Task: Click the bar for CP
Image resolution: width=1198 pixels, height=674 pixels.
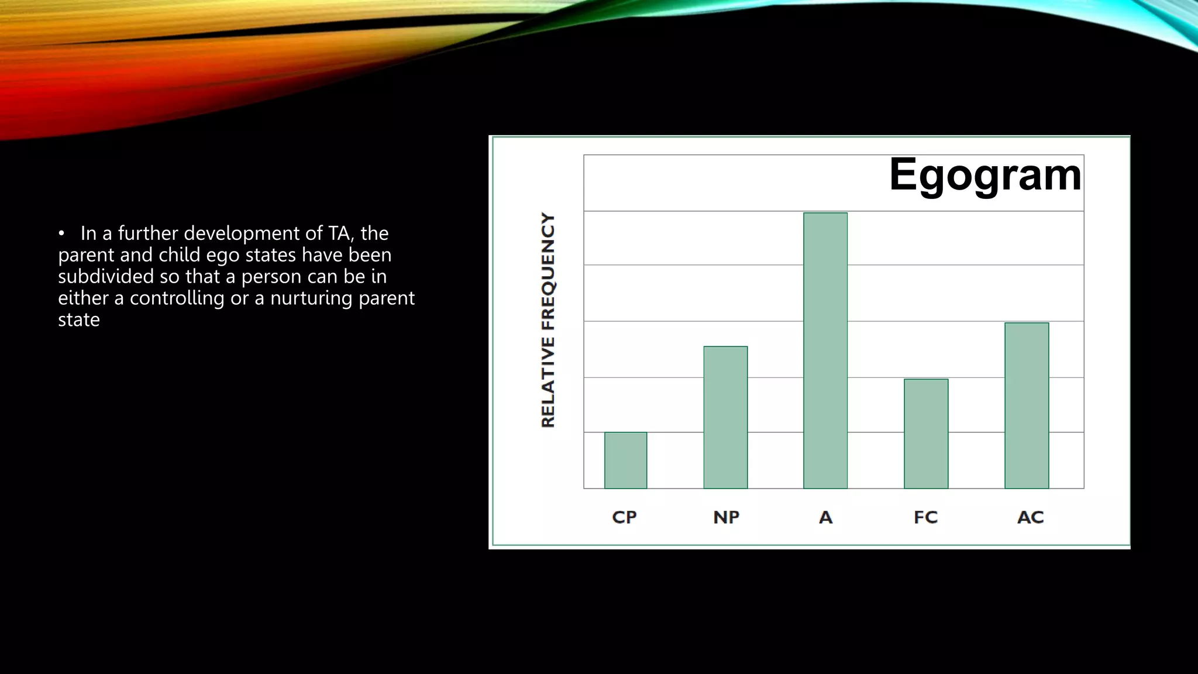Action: (625, 460)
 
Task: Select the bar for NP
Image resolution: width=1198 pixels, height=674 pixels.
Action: (725, 417)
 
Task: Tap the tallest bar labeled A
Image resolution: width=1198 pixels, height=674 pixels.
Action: (825, 350)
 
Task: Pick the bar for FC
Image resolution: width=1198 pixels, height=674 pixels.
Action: (926, 434)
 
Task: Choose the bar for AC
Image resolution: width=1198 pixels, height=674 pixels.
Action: (1027, 405)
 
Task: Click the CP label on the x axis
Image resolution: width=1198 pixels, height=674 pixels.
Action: (624, 517)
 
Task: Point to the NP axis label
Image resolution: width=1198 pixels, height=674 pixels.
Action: (726, 517)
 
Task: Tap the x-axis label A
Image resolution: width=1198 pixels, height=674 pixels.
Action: (825, 517)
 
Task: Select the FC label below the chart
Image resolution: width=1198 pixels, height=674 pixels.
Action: (925, 517)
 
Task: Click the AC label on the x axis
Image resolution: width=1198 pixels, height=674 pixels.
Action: (1030, 517)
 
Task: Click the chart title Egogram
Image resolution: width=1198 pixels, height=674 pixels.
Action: (985, 175)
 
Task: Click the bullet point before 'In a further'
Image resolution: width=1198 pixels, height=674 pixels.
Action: (61, 234)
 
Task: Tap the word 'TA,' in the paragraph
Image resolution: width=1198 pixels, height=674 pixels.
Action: (341, 233)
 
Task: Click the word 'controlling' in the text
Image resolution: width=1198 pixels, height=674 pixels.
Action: (177, 298)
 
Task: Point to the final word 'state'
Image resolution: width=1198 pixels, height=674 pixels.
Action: (79, 320)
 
